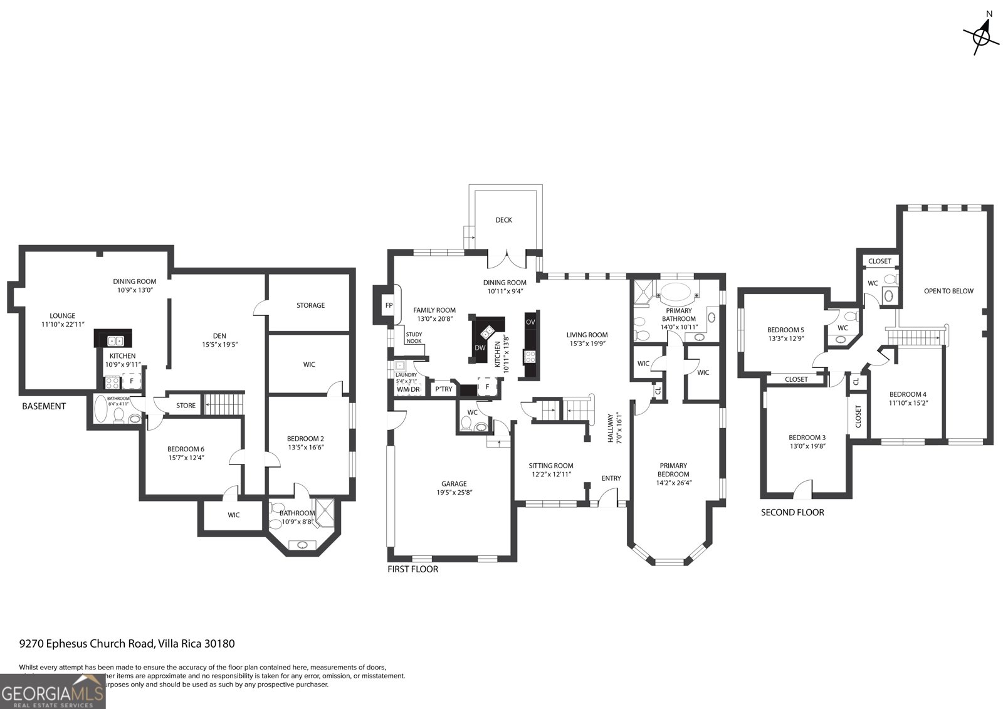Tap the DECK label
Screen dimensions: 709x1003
503,220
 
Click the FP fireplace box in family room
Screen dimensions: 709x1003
388,305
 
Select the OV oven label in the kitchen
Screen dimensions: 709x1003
530,322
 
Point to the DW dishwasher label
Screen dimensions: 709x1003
480,348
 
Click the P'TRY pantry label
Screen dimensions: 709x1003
443,389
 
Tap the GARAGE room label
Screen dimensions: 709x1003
453,483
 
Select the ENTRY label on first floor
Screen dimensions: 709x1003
611,478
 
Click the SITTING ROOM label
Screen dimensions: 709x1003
550,465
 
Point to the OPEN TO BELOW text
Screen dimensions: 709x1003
948,291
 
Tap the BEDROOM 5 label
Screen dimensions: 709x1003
785,330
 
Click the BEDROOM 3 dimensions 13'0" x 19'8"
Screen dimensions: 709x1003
807,446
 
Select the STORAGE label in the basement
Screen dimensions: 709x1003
310,305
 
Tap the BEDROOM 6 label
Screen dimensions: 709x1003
186,449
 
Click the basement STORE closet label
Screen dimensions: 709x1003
186,406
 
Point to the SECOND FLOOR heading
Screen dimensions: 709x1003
792,512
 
